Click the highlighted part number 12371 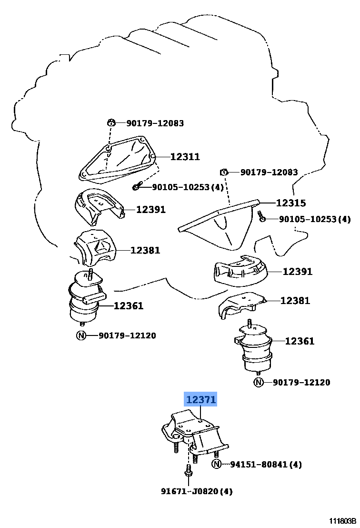(x=201, y=400)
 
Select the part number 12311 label (x=185, y=157)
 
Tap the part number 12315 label (x=291, y=203)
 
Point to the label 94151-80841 (x=259, y=464)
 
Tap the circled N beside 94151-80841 (x=217, y=464)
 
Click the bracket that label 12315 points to (x=219, y=224)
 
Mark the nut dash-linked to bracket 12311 (x=110, y=123)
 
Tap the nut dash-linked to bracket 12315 (x=223, y=172)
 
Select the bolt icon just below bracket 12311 (x=137, y=186)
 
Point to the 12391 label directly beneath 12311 (x=151, y=209)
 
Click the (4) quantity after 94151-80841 (x=295, y=464)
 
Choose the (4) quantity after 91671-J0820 (x=226, y=491)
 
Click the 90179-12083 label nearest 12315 (x=269, y=173)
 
